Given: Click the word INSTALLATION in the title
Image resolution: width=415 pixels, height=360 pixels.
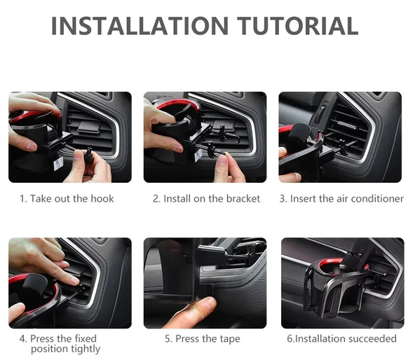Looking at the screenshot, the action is (140, 26).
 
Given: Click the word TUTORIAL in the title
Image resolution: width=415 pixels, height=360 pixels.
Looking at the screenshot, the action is (297, 26).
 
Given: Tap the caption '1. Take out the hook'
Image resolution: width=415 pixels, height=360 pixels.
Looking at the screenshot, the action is (67, 199).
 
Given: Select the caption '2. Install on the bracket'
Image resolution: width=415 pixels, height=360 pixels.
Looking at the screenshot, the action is (206, 199).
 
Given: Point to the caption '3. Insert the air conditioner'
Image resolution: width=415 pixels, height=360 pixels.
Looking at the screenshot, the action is (341, 199).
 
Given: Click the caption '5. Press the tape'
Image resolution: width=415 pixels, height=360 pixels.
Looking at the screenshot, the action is (203, 339).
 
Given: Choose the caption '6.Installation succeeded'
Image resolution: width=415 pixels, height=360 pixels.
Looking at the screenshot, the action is (341, 338).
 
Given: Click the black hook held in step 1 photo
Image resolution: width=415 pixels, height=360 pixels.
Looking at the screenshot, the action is (89, 156).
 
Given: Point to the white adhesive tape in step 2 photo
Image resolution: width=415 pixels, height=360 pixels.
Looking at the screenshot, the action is (198, 155).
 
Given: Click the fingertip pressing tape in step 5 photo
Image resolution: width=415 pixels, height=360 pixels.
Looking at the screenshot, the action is (205, 304).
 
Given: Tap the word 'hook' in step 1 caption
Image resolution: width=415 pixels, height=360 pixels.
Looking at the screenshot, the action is (102, 198).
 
